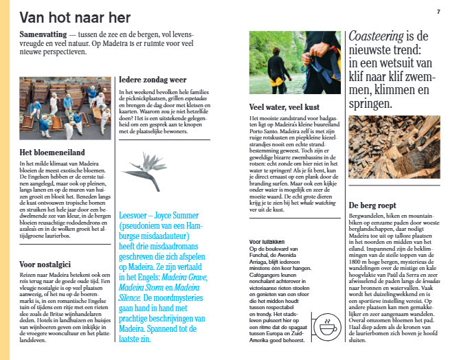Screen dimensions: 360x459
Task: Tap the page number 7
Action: pos(438,12)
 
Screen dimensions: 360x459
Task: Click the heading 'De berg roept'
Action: pos(372,204)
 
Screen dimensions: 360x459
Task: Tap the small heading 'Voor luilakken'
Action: pos(265,242)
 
